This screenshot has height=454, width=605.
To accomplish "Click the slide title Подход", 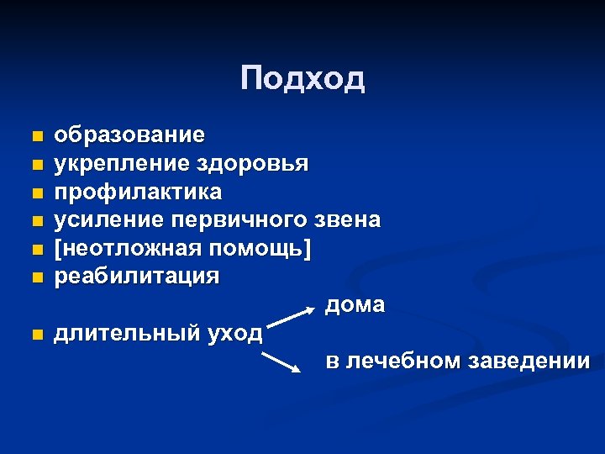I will pyautogui.click(x=302, y=79).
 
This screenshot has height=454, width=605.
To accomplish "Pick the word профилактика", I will pyautogui.click(x=138, y=192).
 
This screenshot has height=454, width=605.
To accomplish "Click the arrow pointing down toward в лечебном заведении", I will pyautogui.click(x=282, y=362).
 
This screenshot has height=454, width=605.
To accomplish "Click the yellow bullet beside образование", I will pyautogui.click(x=34, y=136).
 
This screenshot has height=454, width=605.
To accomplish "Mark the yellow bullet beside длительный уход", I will pyautogui.click(x=34, y=335).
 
